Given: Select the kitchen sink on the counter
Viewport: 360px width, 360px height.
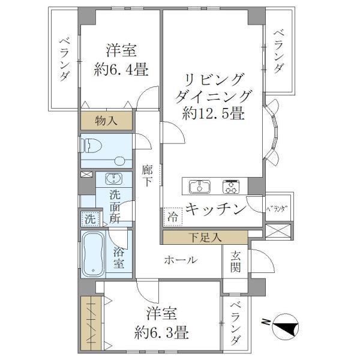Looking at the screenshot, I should point(199,187).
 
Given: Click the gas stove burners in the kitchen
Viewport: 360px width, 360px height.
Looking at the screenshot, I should point(231,187).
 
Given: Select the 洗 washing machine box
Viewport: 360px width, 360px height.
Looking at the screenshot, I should point(89,219).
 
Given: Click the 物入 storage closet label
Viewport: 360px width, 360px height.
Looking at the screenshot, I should point(106,121).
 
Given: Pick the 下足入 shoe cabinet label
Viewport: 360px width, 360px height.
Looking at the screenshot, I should point(203,237).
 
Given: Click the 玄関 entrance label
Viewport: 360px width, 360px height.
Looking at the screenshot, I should point(235,262).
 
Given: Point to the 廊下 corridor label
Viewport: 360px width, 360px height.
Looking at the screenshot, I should point(148,175).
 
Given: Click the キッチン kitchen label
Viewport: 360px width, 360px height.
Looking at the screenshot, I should point(215,209).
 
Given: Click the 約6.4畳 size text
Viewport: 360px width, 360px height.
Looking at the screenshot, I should point(121,70).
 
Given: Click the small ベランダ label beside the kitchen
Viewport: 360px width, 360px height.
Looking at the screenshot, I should point(277,208).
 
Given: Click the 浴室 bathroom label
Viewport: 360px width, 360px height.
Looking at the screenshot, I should point(119,257).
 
